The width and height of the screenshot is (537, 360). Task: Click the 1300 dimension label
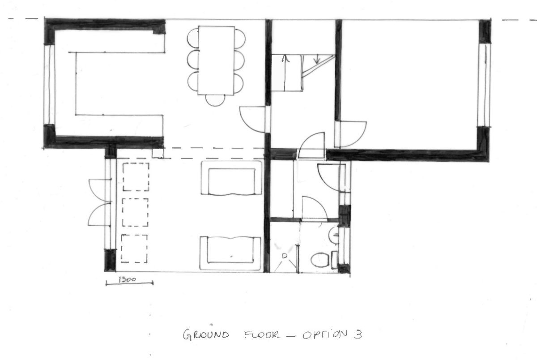[x=127, y=279]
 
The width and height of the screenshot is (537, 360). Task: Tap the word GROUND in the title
[x=206, y=335]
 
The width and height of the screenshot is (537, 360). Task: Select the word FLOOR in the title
[x=262, y=335]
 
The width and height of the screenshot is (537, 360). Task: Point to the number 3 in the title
[x=358, y=334]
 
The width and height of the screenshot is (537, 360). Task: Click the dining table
[x=216, y=60]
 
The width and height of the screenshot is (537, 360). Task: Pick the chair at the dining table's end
[x=215, y=100]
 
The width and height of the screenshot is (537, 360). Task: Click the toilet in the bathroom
[x=324, y=260]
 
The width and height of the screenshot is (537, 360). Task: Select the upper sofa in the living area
[x=231, y=178]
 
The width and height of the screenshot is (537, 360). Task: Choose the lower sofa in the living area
[x=230, y=253]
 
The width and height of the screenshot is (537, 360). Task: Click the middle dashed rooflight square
[x=135, y=212]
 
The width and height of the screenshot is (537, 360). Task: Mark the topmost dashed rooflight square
[x=136, y=177]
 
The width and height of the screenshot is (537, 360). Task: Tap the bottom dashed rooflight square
[x=134, y=249]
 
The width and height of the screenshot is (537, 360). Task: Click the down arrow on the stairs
[x=317, y=59]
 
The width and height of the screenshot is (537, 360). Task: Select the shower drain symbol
[x=285, y=256]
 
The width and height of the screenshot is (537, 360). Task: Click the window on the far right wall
[x=484, y=85]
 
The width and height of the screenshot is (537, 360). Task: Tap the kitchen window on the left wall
[x=49, y=85]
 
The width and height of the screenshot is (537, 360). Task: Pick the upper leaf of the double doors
[x=100, y=191]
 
